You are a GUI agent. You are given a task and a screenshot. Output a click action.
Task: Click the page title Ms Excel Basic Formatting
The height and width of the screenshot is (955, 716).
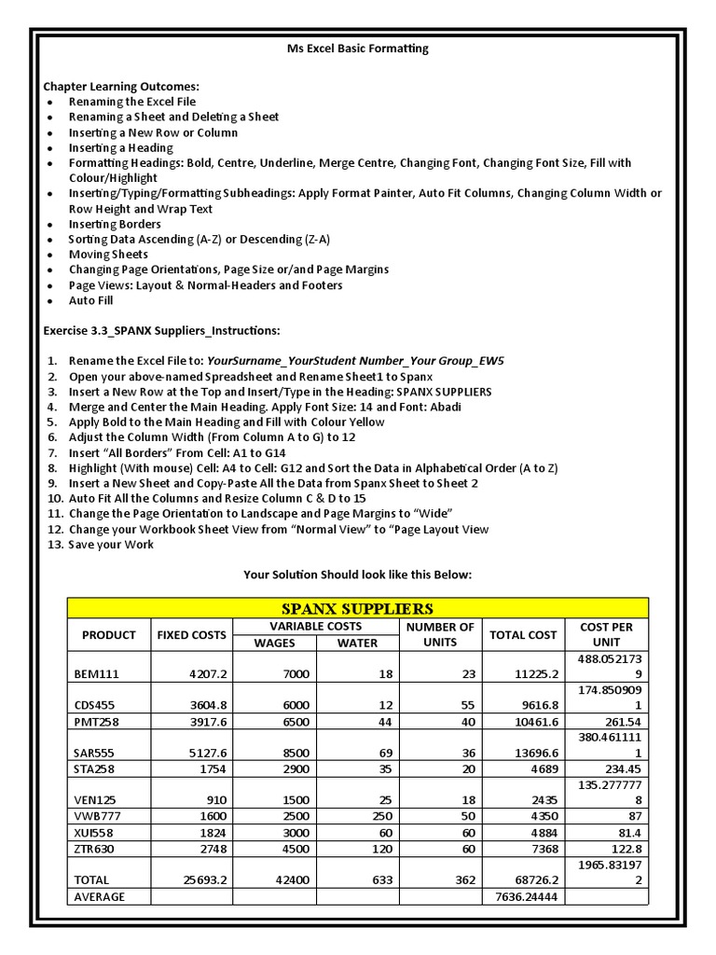(x=358, y=48)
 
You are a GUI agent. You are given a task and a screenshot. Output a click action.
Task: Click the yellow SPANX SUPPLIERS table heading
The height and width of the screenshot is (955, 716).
(x=358, y=608)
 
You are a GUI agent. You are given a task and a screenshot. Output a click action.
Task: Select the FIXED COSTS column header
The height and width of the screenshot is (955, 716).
(x=191, y=635)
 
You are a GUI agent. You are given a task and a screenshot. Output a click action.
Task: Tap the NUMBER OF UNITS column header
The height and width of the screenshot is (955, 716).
(x=439, y=635)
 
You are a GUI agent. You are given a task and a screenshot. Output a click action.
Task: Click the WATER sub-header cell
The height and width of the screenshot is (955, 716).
(x=357, y=644)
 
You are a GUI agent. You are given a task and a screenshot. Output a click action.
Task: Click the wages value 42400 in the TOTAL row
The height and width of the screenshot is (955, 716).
(x=275, y=879)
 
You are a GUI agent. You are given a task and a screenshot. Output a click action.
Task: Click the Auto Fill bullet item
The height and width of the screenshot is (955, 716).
(x=92, y=301)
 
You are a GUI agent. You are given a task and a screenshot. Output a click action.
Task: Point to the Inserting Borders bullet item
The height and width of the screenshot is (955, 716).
(x=115, y=225)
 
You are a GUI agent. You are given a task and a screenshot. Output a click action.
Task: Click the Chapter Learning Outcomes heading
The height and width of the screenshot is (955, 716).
(x=121, y=87)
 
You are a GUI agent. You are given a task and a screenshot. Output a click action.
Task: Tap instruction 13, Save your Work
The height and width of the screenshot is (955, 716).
(x=111, y=545)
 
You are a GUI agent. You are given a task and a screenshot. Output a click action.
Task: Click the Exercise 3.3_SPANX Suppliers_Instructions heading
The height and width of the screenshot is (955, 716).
(x=161, y=331)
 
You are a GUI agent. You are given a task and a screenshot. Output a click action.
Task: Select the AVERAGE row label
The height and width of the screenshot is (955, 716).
(x=98, y=897)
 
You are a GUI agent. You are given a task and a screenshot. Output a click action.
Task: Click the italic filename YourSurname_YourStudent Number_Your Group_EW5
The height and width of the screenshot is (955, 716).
(x=355, y=362)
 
